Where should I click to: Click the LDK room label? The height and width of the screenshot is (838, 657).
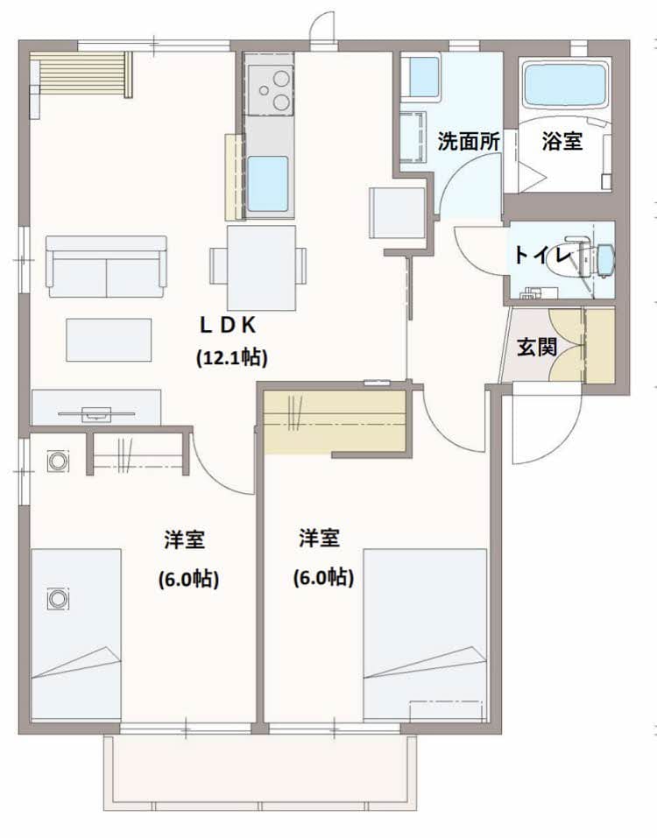228,325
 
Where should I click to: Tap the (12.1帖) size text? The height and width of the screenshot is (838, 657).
232,357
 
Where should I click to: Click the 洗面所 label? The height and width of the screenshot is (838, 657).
469,142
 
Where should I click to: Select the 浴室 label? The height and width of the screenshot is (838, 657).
562,142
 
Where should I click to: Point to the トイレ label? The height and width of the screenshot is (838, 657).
542,256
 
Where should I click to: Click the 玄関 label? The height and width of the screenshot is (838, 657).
537,348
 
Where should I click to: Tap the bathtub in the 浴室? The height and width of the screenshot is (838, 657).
566,85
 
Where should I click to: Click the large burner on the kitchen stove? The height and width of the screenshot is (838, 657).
281,80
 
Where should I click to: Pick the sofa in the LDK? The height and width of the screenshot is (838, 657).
106,266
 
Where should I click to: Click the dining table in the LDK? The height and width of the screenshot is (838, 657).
261,268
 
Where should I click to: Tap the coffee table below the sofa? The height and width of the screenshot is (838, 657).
109,340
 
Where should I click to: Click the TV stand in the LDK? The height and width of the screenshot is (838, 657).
96,408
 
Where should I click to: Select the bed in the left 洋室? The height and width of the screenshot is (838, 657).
76,634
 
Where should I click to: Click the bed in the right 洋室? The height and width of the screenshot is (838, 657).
425,634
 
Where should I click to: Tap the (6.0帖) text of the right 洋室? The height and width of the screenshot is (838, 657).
323,577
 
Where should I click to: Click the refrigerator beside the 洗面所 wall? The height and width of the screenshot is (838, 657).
397,213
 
